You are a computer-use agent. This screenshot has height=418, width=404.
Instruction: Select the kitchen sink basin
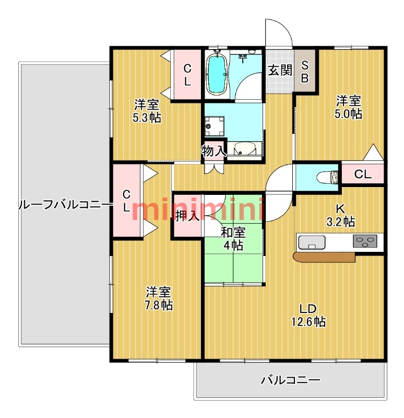312,242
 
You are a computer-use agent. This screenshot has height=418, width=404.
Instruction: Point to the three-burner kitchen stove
365,241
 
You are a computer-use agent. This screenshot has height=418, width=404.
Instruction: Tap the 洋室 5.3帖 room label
146,111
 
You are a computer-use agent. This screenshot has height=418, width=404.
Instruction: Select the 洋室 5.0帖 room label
349,107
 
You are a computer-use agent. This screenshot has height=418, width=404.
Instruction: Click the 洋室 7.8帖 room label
159,299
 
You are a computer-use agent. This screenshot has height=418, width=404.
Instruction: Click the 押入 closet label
187,216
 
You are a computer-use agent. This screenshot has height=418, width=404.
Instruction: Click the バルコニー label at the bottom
290,380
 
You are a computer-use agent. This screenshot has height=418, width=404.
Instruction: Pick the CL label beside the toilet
363,175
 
